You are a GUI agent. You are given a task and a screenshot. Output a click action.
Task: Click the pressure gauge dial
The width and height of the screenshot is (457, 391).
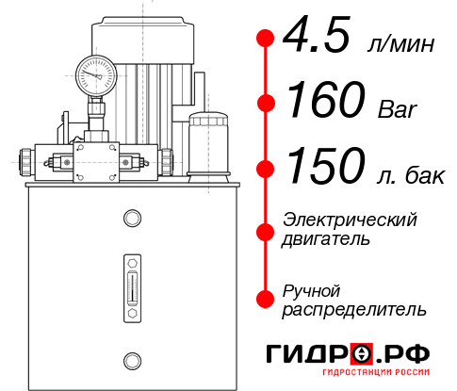click(x=96, y=73)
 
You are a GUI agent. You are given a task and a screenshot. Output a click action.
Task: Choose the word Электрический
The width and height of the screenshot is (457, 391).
click(x=350, y=220)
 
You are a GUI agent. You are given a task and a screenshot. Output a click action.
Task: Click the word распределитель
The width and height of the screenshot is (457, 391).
click(x=354, y=309)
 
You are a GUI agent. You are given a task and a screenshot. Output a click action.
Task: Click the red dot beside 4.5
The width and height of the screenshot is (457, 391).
click(x=266, y=38)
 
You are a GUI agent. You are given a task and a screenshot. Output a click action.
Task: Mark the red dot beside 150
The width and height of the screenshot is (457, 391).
click(x=266, y=169)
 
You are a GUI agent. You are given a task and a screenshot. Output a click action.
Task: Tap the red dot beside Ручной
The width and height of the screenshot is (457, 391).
click(x=266, y=299)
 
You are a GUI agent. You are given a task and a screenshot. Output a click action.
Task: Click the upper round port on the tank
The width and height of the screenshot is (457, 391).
click(x=132, y=219)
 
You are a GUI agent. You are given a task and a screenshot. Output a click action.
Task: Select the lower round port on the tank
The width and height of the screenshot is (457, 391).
click(x=132, y=359)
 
